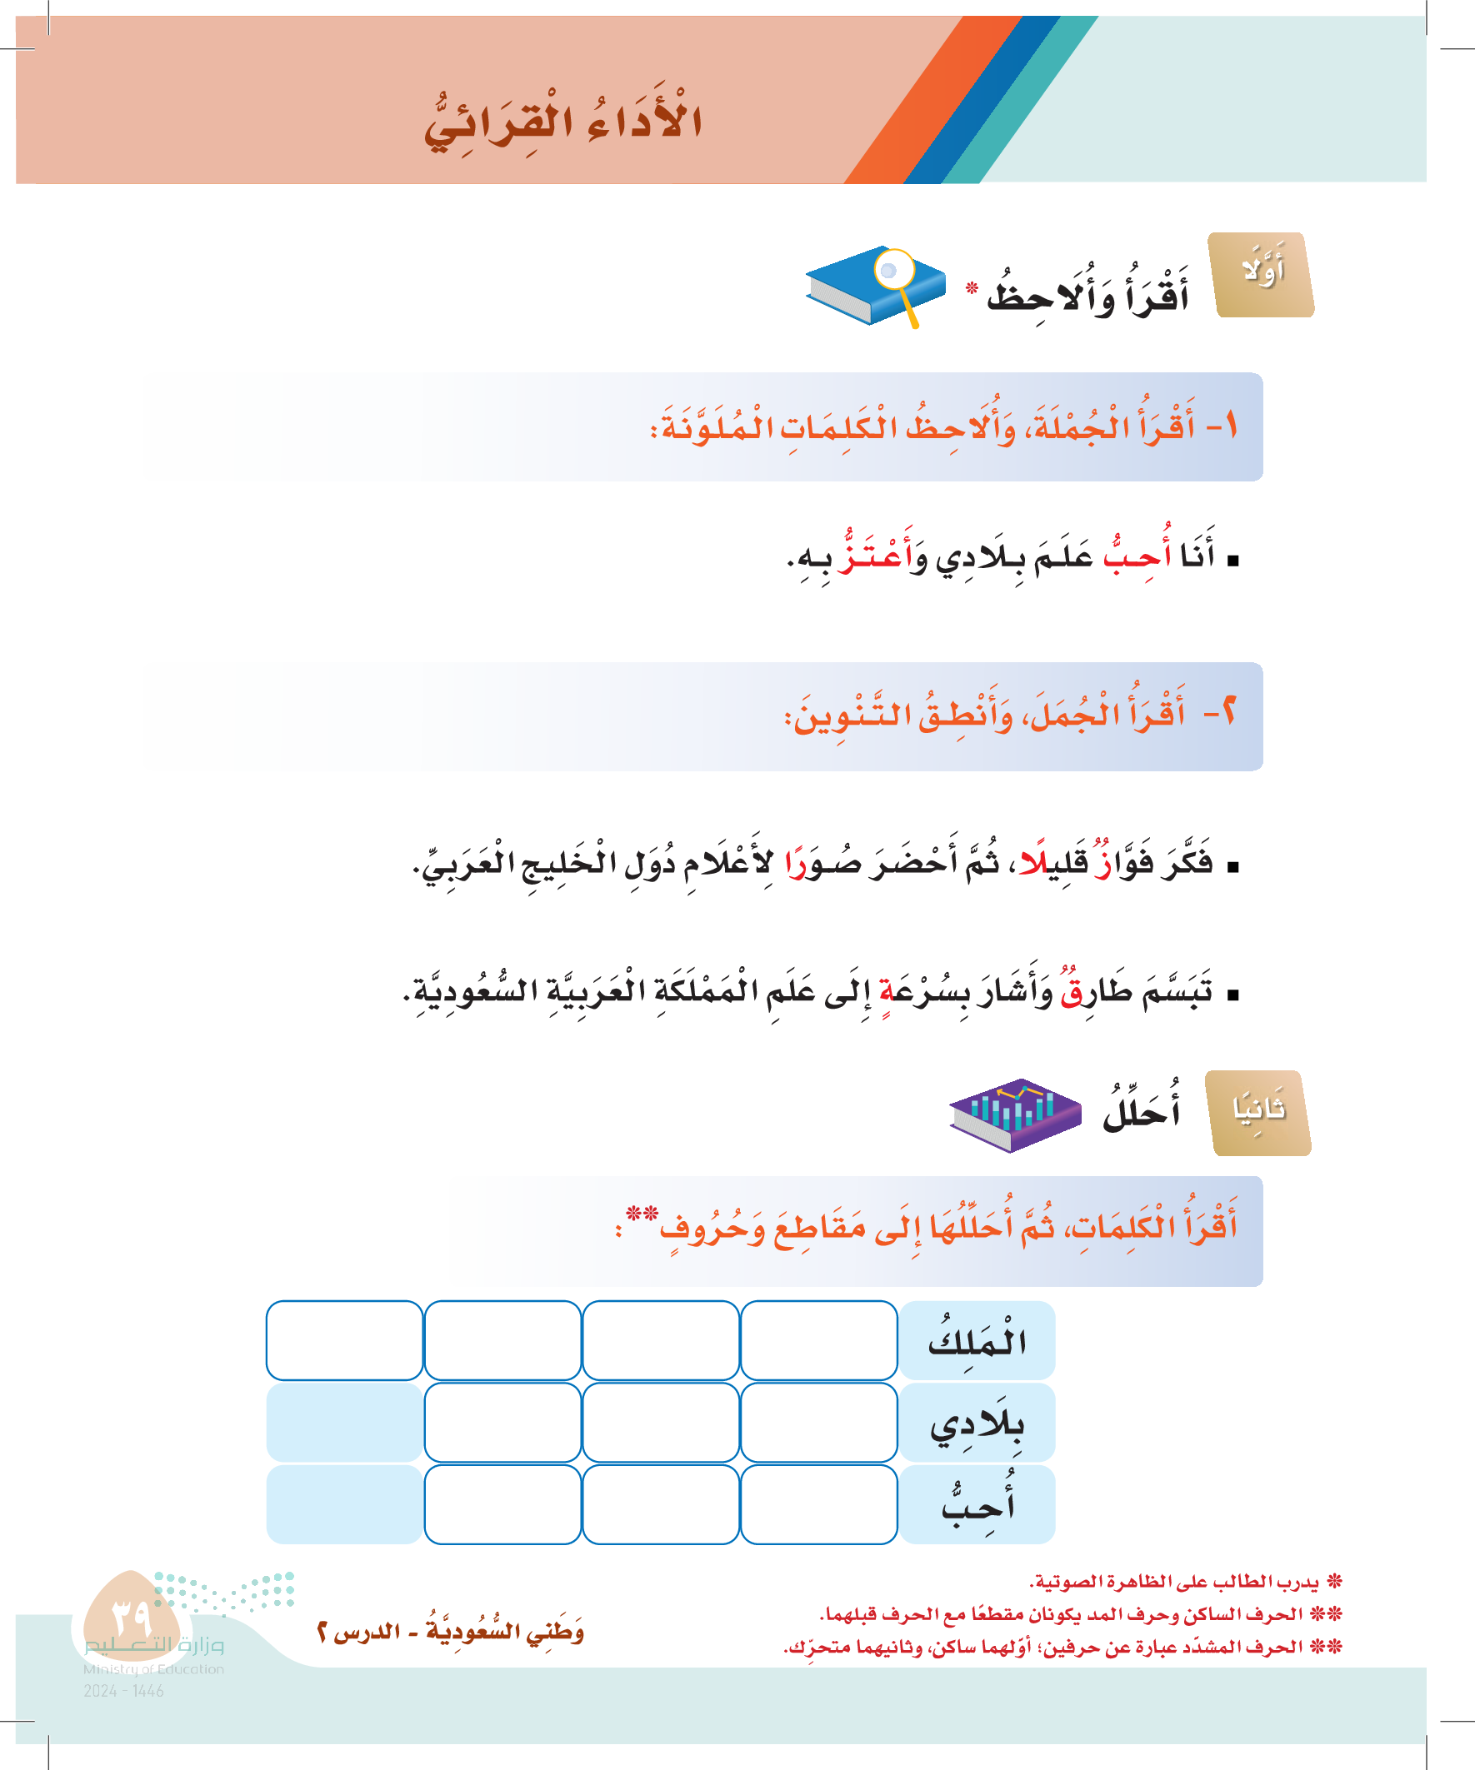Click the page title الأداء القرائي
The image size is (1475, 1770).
pos(562,122)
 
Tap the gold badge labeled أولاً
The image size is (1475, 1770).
pos(1261,275)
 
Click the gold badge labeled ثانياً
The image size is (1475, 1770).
pos(1259,1113)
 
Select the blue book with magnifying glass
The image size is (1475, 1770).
pos(874,286)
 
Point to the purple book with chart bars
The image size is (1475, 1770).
pos(1015,1114)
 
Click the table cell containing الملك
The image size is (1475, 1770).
pos(977,1340)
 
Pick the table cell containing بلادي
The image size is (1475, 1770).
pos(977,1423)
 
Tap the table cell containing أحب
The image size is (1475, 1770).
pos(977,1504)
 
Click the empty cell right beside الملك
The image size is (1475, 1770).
pos(818,1340)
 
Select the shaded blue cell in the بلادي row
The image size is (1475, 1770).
pos(344,1423)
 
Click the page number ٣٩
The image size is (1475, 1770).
pos(131,1617)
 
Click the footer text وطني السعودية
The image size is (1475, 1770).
pos(504,1632)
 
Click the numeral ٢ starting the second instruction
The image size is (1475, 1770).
pos(1227,715)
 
